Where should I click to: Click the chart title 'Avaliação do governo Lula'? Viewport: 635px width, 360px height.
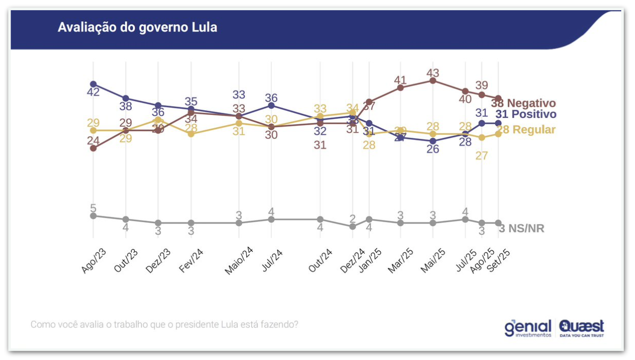click(x=137, y=27)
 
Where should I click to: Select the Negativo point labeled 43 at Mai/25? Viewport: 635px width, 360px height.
click(x=433, y=80)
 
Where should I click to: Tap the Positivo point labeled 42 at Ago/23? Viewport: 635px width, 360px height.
click(x=93, y=84)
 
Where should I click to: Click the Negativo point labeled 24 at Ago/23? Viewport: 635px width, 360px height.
click(x=93, y=148)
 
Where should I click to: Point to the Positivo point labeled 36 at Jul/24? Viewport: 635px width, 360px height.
click(x=271, y=105)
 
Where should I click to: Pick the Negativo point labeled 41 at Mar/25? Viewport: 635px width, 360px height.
click(x=400, y=87)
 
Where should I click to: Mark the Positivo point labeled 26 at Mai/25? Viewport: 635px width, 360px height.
click(x=433, y=141)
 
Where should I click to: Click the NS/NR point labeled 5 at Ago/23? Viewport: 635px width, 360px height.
click(x=93, y=216)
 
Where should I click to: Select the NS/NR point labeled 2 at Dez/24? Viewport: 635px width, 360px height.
click(x=353, y=226)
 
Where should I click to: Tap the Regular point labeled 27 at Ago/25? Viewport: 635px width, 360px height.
click(x=482, y=137)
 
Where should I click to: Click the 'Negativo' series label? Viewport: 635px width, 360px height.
click(x=531, y=104)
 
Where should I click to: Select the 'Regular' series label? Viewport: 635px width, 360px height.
click(x=533, y=130)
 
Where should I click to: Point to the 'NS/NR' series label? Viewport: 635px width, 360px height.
click(x=527, y=229)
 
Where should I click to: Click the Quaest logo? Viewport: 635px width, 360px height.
click(x=582, y=328)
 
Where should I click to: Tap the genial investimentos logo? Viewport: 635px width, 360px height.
click(x=528, y=328)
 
